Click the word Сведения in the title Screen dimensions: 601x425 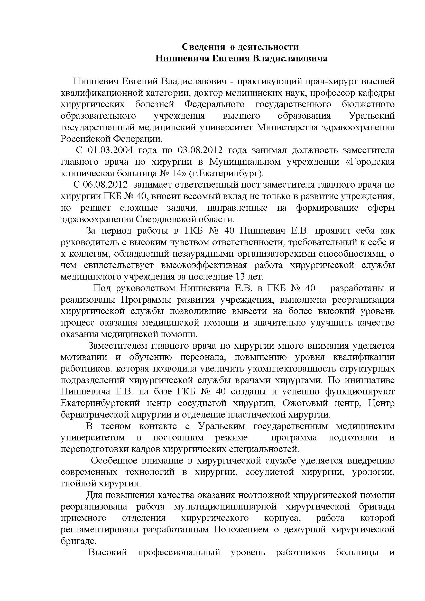point(203,47)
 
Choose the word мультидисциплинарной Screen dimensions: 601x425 point(225,506)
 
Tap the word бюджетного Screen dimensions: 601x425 point(368,104)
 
